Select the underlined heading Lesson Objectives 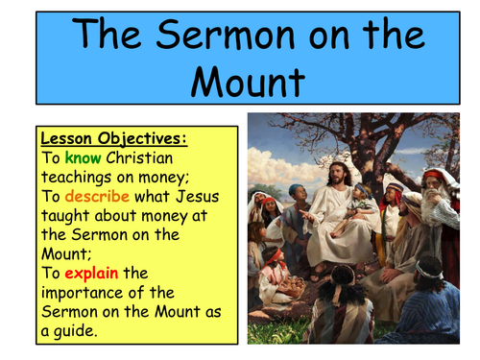coord(113,138)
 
